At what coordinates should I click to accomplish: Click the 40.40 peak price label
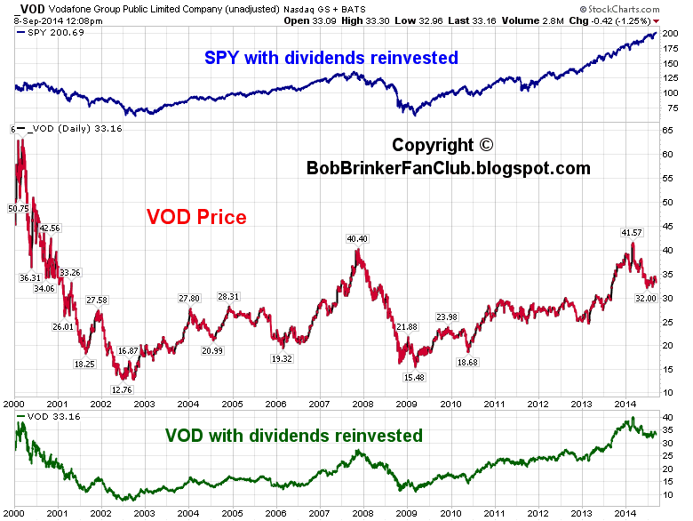click(357, 238)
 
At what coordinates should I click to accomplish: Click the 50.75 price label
click(18, 208)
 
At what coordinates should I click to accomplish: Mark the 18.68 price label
click(467, 363)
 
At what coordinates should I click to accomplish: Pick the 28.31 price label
click(228, 296)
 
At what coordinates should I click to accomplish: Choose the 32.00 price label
click(645, 299)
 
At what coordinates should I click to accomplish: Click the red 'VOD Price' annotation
click(195, 216)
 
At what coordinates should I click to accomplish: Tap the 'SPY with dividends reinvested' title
click(331, 58)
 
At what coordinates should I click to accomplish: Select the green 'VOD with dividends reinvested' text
click(293, 436)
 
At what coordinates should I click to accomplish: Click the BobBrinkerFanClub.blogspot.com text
click(448, 167)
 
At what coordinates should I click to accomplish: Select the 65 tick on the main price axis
click(666, 130)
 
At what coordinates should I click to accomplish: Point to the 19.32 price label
click(282, 358)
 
